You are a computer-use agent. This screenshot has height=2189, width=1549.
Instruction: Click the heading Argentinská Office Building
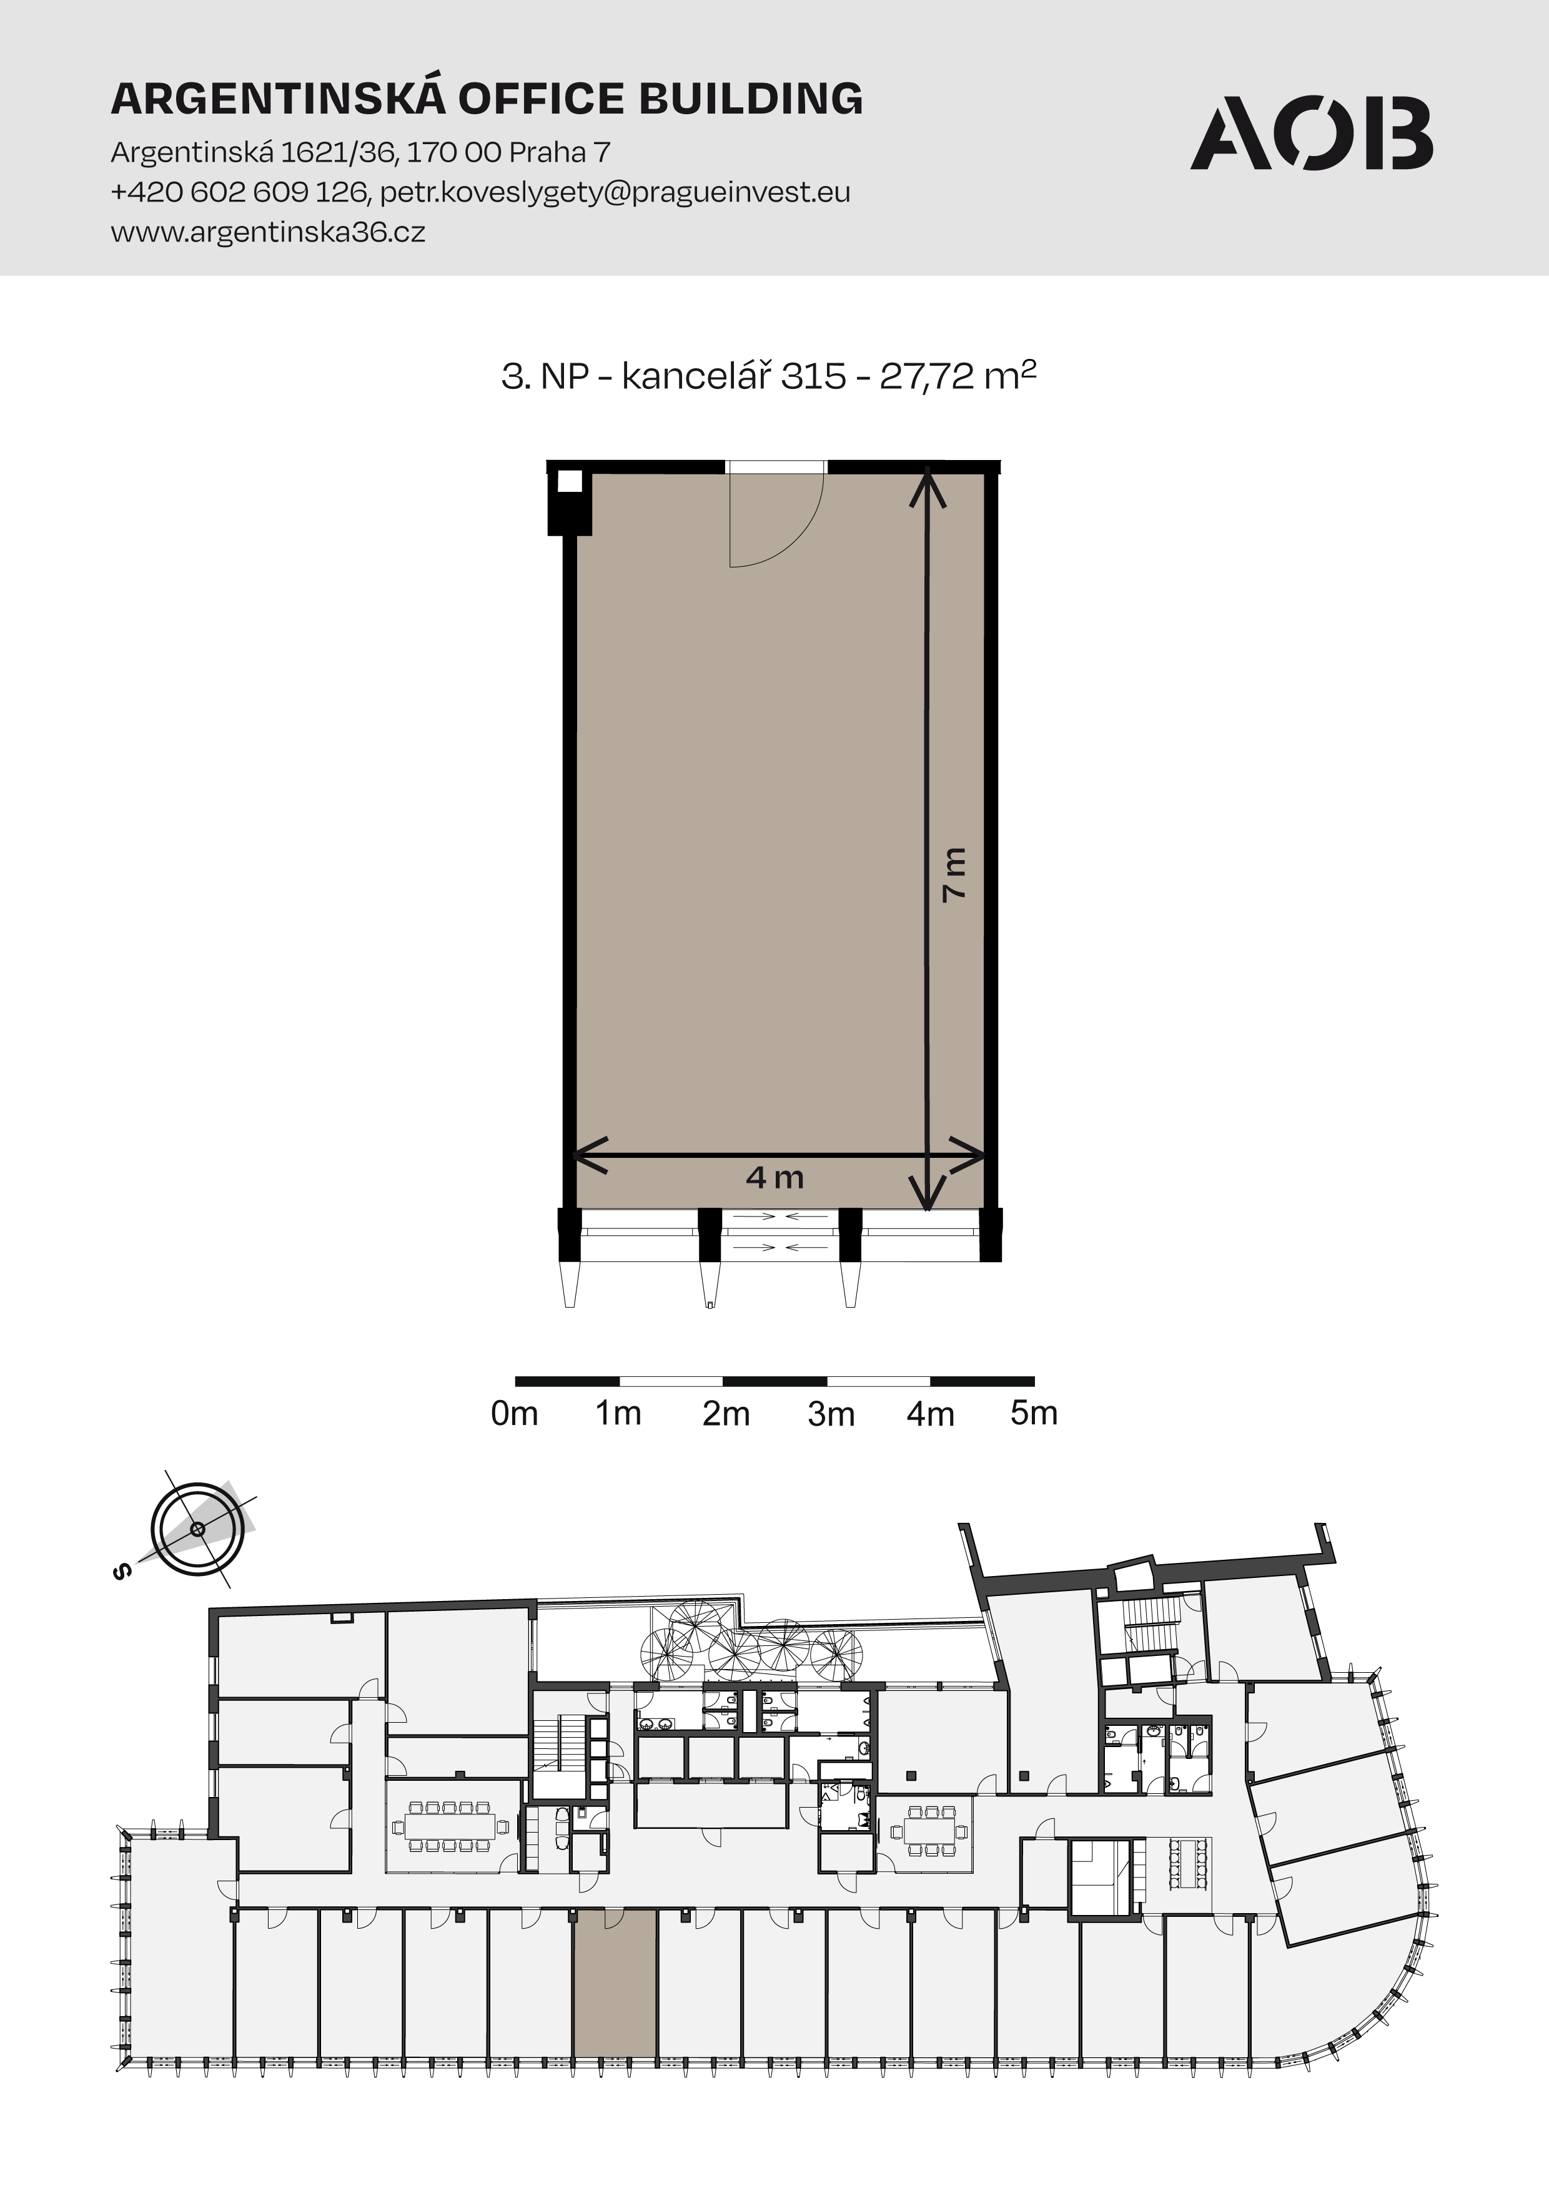click(x=487, y=97)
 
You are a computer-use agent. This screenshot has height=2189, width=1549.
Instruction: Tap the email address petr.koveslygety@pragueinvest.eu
click(x=615, y=193)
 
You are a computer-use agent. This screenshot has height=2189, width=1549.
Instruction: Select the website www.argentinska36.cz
click(x=268, y=233)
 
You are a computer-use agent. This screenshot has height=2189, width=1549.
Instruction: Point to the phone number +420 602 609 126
click(x=239, y=193)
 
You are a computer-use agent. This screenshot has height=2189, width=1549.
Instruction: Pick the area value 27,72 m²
click(x=958, y=375)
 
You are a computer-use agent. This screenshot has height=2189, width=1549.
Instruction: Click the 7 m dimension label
click(x=954, y=873)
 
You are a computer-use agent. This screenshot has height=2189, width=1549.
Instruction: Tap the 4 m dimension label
click(x=774, y=1177)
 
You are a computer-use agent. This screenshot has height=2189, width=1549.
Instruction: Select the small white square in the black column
click(x=570, y=481)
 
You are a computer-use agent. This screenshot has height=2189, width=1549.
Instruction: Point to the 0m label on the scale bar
click(x=514, y=1413)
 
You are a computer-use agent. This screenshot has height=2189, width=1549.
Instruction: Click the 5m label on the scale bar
click(x=1034, y=1413)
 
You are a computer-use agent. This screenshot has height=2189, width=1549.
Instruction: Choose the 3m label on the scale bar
click(x=831, y=1414)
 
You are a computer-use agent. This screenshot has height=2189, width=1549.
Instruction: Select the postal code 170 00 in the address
click(x=454, y=152)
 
